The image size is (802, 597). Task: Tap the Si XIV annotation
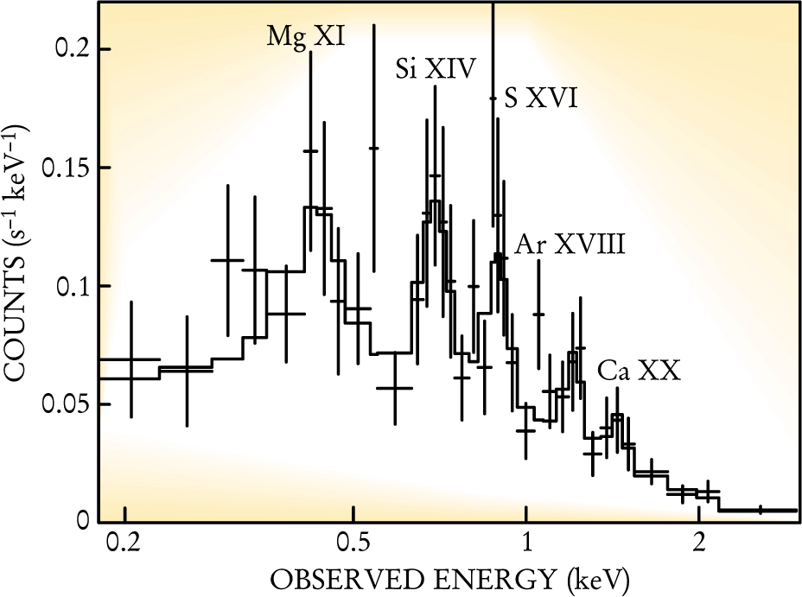436,68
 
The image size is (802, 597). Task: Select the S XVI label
540,100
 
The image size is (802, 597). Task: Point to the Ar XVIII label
570,245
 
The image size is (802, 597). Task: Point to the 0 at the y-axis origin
83,522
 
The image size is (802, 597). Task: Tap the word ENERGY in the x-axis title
467,577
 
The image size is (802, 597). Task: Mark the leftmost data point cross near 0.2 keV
130,359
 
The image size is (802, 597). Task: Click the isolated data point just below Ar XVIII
538,314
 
